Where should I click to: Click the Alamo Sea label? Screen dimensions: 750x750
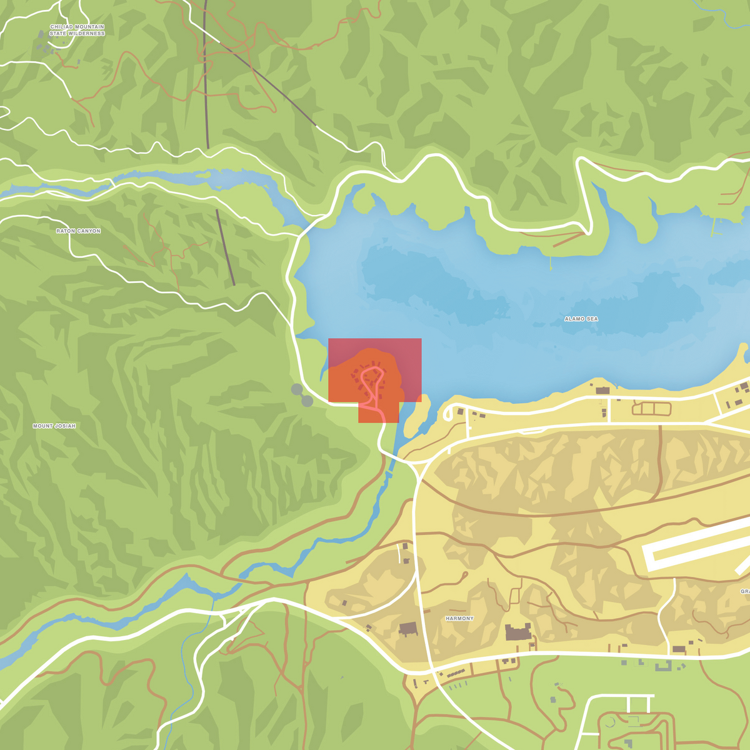[x=581, y=319]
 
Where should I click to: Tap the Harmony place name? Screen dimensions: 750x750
[x=459, y=619]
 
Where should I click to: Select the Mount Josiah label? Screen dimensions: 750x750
[x=54, y=426]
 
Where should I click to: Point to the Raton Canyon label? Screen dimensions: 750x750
[x=78, y=231]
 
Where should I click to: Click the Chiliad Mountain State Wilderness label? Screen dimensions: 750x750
[x=77, y=30]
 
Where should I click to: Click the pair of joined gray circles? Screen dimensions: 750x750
[x=302, y=396]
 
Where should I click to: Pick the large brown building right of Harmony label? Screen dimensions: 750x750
[x=518, y=632]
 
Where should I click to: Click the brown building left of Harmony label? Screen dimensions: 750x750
[x=409, y=629]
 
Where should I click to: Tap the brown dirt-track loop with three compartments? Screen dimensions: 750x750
[x=651, y=409]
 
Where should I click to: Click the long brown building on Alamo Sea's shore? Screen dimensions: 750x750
[x=602, y=391]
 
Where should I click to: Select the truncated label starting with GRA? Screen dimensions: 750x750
[x=744, y=591]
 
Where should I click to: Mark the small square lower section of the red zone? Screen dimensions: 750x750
[x=378, y=413]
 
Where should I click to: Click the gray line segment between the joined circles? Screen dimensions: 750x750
[x=302, y=396]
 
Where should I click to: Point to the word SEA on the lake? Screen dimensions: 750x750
[x=591, y=319]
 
